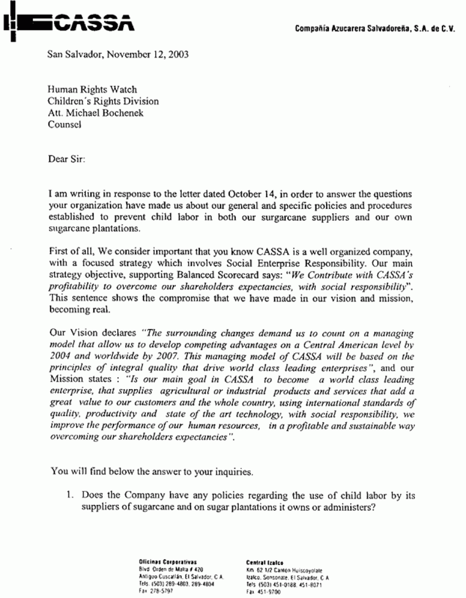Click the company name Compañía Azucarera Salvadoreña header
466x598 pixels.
pos(375,30)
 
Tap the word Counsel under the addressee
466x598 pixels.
pos(64,125)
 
